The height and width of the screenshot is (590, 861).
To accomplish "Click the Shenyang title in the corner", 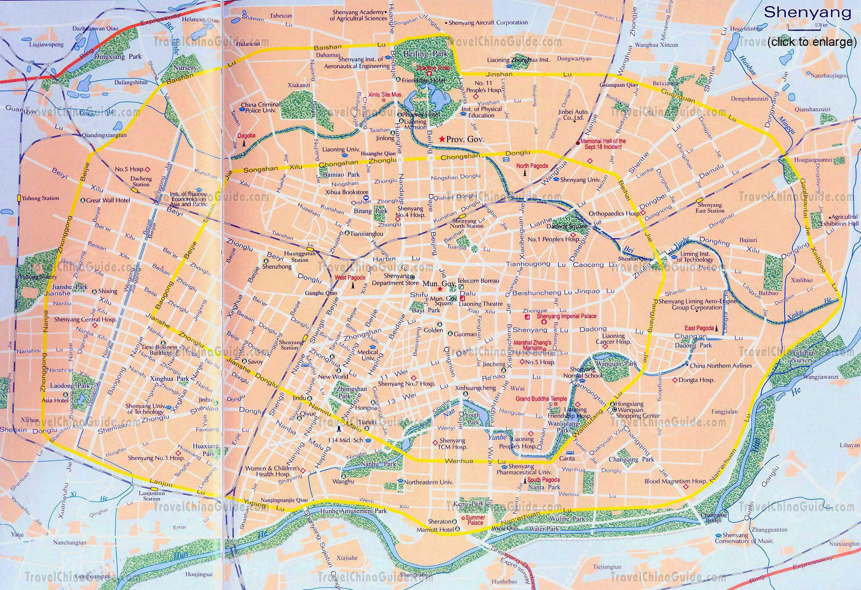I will (x=807, y=12).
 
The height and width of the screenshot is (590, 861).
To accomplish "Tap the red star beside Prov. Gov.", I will (x=442, y=139).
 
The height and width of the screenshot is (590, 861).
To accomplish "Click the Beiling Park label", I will (x=425, y=54).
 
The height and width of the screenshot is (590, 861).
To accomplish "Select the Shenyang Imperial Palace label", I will (x=567, y=316).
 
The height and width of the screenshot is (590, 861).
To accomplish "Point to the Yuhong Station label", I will (x=40, y=199).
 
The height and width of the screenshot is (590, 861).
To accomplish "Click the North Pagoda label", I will (x=532, y=166).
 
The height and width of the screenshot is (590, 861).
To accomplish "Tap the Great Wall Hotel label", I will (x=108, y=200).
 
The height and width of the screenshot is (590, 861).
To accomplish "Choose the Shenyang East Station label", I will (x=709, y=208).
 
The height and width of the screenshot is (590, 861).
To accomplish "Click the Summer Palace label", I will (x=475, y=520).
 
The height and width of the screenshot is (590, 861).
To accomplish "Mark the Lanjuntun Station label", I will (x=152, y=496).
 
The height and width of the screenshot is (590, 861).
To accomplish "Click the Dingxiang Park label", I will (x=118, y=56).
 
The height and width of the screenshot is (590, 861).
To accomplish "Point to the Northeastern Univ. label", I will (x=428, y=482).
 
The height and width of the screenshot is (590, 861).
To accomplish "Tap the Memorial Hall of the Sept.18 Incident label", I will (x=603, y=144).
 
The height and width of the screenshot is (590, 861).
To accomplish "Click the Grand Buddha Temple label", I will (x=541, y=399).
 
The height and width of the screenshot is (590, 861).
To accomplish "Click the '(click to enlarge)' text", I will (x=811, y=42).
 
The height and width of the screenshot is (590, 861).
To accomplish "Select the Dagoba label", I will (x=246, y=135).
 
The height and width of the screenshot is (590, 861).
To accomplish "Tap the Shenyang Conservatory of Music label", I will (x=744, y=538).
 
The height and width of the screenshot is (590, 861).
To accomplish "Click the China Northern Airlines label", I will (x=720, y=366).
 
